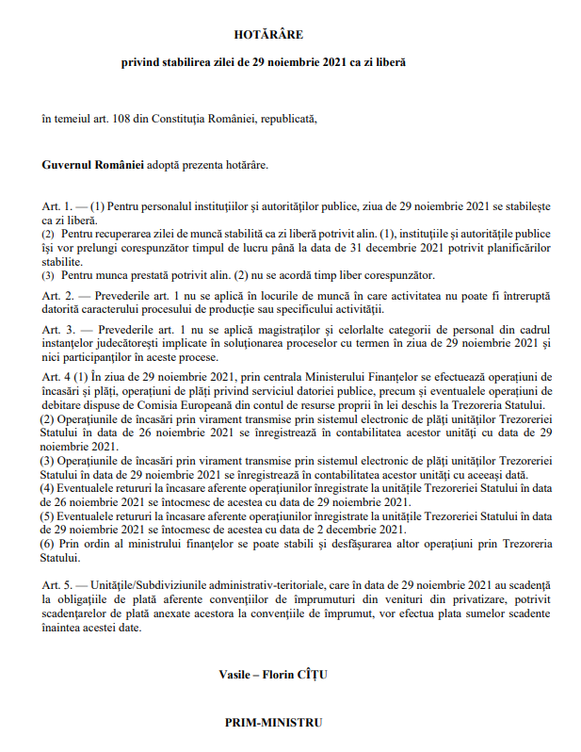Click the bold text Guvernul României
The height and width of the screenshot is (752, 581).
point(92,164)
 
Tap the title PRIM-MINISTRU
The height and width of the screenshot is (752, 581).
point(273,723)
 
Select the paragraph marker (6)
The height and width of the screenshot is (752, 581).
point(47,545)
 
